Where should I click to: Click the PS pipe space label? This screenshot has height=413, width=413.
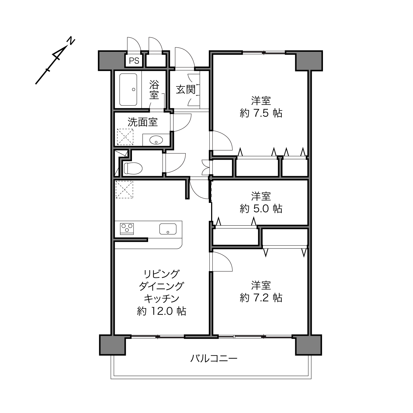[134, 61]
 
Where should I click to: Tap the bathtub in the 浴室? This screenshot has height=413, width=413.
[128, 90]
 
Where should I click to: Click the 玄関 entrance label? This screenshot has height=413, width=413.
[186, 90]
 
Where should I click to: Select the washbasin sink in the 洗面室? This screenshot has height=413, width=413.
[156, 141]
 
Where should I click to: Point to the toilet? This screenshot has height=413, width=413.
[133, 168]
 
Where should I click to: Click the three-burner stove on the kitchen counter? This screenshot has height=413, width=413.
[127, 229]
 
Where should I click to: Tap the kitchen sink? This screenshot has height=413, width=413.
[168, 229]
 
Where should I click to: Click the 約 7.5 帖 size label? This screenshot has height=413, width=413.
[261, 113]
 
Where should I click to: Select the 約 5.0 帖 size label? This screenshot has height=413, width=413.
[261, 208]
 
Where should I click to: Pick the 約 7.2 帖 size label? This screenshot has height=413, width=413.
[261, 298]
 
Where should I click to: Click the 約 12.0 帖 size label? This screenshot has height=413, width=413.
[161, 311]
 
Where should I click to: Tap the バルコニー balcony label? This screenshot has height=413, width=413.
[214, 358]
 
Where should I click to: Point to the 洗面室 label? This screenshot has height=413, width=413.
[143, 122]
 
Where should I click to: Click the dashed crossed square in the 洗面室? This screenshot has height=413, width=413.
[125, 137]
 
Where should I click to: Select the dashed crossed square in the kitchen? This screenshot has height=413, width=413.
[124, 189]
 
